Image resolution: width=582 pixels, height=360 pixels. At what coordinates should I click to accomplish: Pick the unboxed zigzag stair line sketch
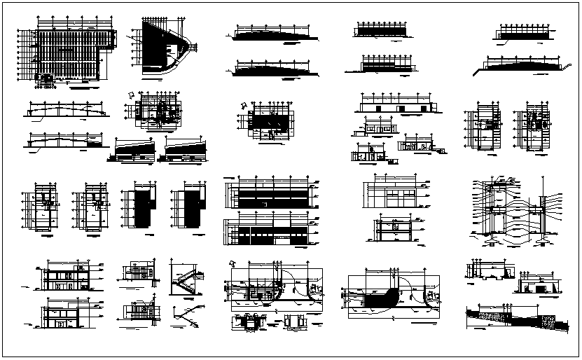pyautogui.click(x=183, y=316)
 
